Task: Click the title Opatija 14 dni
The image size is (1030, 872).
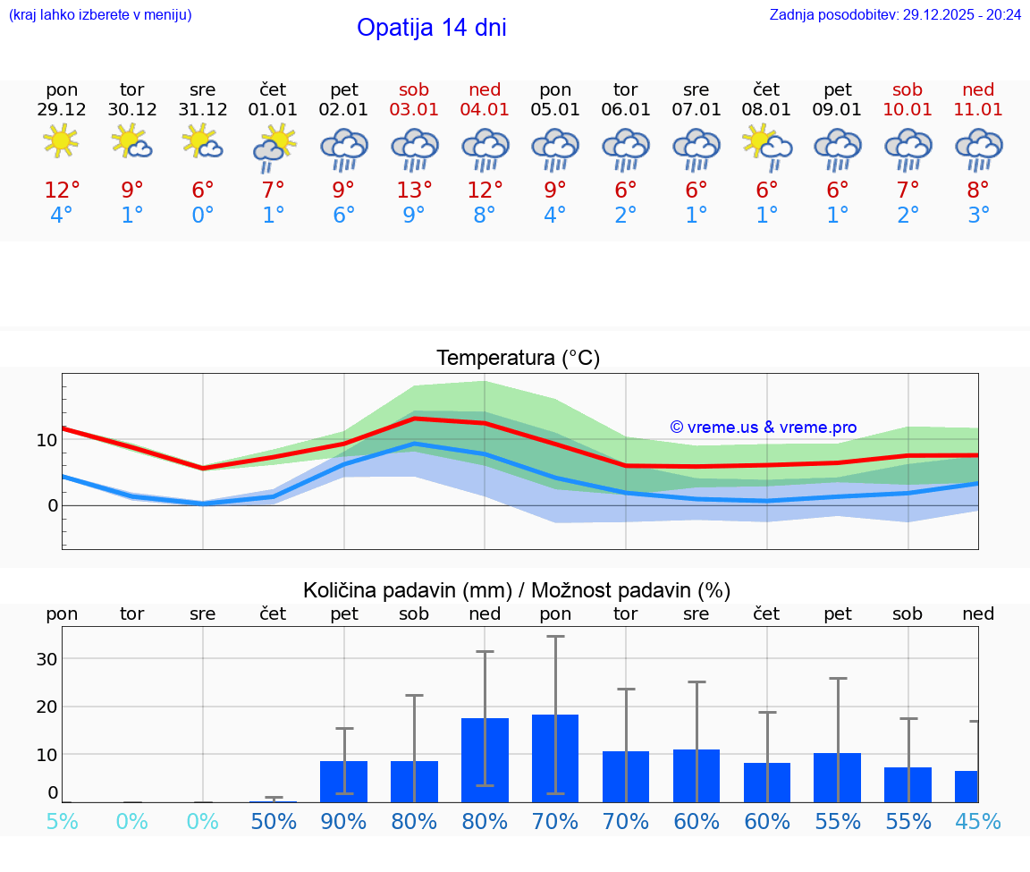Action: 431,28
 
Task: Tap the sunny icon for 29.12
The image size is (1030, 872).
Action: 61,141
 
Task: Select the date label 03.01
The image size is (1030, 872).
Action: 414,110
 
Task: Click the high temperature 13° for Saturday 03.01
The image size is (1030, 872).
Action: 414,190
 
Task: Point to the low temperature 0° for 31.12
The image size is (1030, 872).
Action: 203,216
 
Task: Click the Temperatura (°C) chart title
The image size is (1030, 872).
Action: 518,359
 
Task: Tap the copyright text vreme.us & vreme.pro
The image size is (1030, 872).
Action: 763,428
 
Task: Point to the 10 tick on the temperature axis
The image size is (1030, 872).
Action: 46,440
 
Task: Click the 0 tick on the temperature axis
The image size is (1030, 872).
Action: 53,506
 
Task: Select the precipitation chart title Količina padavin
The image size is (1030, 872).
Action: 517,590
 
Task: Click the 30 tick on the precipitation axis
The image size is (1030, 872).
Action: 46,659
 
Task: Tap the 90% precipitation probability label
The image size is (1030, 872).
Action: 343,822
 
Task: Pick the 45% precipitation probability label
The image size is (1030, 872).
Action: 977,822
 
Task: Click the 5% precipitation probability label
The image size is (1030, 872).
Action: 62,822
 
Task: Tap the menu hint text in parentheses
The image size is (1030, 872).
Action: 100,15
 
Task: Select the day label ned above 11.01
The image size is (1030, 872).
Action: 978,89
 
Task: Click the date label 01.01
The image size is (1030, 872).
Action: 273,110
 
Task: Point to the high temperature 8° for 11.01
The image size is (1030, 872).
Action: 978,190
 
